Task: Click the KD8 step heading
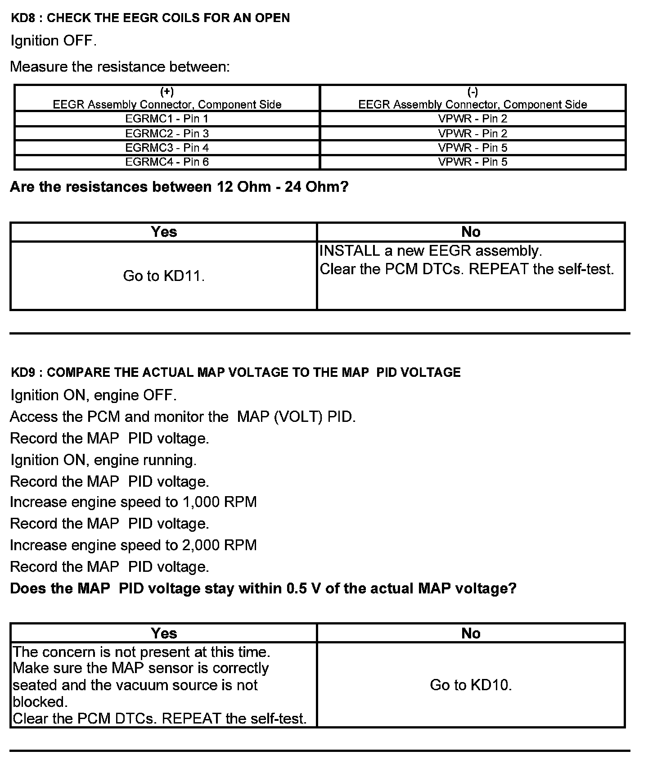150,18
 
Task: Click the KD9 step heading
235,372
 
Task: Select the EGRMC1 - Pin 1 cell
167,119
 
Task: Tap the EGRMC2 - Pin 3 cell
167,133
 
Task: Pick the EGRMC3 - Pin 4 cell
167,148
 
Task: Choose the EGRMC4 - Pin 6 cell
167,162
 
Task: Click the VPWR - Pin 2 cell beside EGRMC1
472,119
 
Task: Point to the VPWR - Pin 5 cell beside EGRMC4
472,162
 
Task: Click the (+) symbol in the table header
167,92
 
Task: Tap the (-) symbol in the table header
472,92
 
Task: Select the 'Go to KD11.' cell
164,276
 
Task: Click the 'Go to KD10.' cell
471,685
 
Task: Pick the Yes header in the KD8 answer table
164,232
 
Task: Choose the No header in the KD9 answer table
471,633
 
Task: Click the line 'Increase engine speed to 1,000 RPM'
133,502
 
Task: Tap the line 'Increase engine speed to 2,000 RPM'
133,545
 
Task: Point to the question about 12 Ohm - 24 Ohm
179,187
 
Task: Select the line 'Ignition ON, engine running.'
103,460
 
